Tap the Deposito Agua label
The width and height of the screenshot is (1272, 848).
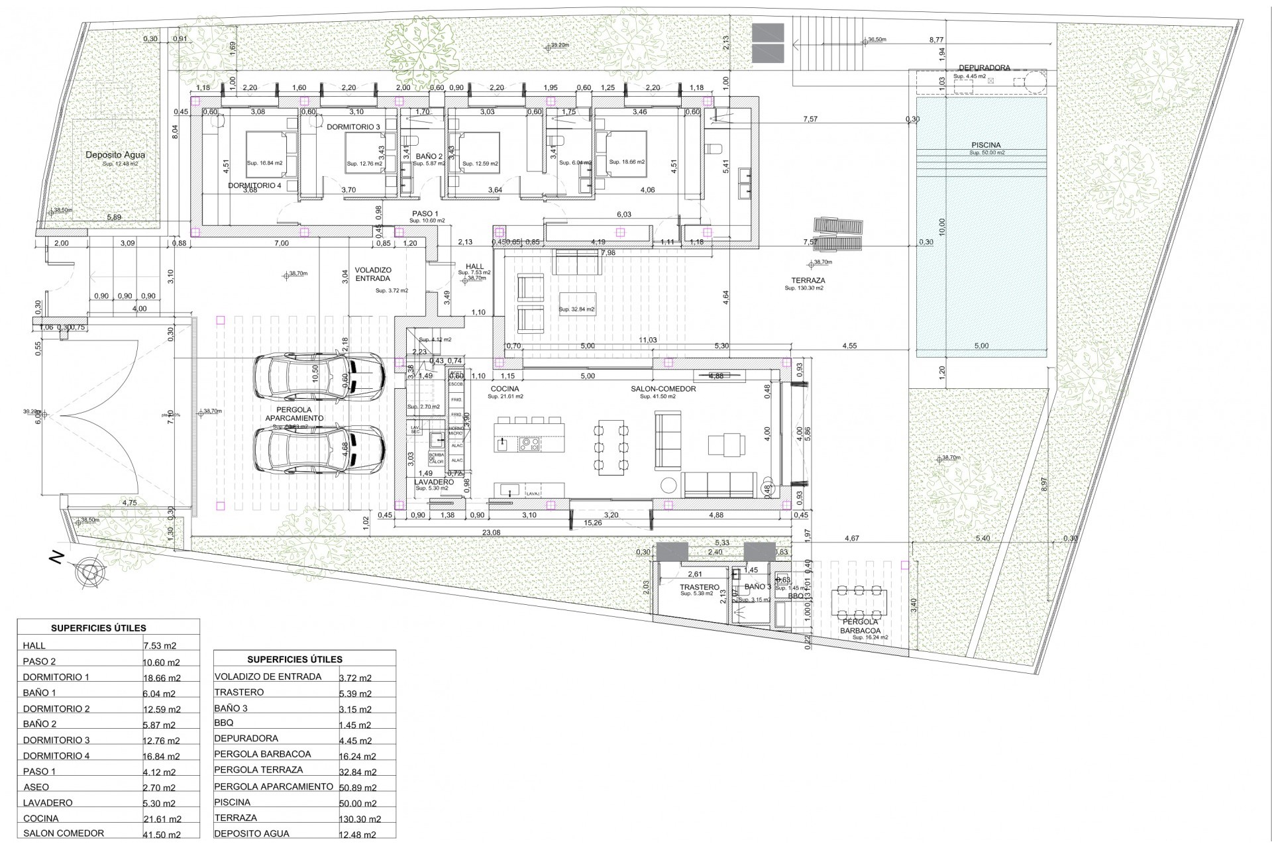pyautogui.click(x=115, y=155)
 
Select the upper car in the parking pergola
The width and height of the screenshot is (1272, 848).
pyautogui.click(x=319, y=378)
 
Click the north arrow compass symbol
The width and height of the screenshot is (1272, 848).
pyautogui.click(x=88, y=572)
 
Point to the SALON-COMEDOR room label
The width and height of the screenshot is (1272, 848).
pyautogui.click(x=663, y=389)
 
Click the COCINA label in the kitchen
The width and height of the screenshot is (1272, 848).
pyautogui.click(x=505, y=389)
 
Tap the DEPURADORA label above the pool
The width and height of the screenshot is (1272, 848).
pyautogui.click(x=984, y=68)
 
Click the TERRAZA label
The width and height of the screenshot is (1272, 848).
pyautogui.click(x=804, y=281)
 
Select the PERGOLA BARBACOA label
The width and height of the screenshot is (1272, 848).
pyautogui.click(x=861, y=626)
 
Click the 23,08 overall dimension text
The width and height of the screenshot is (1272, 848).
pyautogui.click(x=491, y=532)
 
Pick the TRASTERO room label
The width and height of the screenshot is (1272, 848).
pyautogui.click(x=699, y=587)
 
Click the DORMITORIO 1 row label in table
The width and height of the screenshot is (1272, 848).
pyautogui.click(x=56, y=677)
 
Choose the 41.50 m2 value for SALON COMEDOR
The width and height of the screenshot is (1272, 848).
pyautogui.click(x=162, y=834)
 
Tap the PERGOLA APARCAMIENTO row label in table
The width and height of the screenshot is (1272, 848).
pyautogui.click(x=274, y=786)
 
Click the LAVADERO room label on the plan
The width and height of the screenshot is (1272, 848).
pyautogui.click(x=434, y=482)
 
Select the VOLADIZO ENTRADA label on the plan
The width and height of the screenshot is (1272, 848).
pyautogui.click(x=373, y=274)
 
